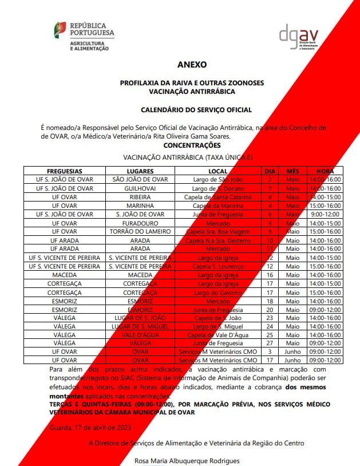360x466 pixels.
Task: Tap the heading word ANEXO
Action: [192, 65]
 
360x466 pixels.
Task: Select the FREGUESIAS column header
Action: [64, 171]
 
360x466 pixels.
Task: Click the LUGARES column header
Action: [140, 171]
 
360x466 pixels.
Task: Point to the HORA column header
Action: [325, 171]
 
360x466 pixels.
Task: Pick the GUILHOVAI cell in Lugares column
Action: [140, 188]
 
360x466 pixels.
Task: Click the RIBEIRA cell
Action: [140, 197]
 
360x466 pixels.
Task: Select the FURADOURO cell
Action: [140, 223]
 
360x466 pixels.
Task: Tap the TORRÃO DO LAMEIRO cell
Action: [140, 231]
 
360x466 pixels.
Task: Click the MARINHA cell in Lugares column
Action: [140, 206]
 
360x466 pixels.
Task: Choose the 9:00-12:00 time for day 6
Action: [325, 214]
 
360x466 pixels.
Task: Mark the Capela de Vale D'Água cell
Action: [217, 335]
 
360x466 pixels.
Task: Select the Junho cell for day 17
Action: [292, 361]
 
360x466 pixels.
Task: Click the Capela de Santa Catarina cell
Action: [217, 197]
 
